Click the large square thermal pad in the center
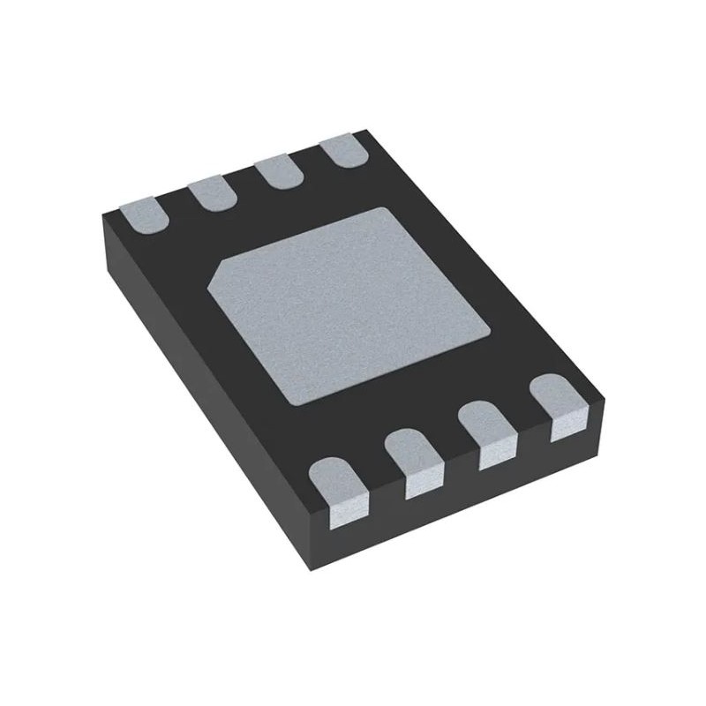click(349, 304)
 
